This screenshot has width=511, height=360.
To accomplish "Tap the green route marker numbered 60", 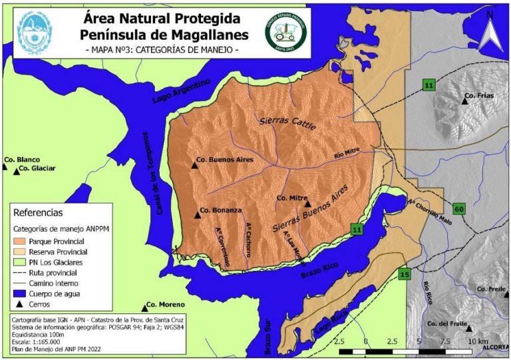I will coord(459,209).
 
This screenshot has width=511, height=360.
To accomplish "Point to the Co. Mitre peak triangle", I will coord(307,205).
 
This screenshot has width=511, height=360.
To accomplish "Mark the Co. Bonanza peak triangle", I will coord(198,214).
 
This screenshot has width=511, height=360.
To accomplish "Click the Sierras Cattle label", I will coord(287,122).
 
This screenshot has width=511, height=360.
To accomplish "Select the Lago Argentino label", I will coord(180,92).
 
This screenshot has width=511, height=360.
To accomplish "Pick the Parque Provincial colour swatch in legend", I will coord(23,241).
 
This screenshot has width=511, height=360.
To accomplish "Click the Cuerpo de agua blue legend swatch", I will coord(23,293).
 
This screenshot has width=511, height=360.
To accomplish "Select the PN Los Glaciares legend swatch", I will coord(23,262).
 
